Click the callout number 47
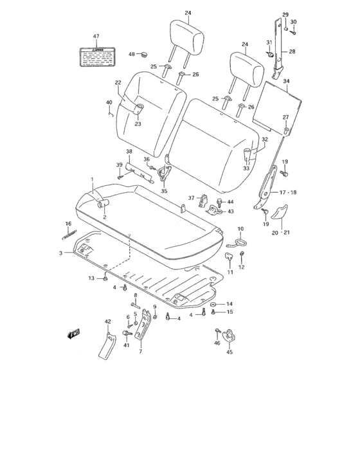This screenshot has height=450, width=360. [96, 36]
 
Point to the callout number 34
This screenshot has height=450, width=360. [286, 81]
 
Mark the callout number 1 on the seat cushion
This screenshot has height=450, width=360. [92, 179]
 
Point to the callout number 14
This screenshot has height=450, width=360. [230, 303]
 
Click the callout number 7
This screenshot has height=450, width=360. [139, 353]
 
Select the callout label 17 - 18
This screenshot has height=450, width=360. [287, 193]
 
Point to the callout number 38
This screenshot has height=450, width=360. [129, 152]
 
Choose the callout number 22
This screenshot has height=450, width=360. [118, 82]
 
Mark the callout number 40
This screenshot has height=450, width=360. [109, 102]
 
